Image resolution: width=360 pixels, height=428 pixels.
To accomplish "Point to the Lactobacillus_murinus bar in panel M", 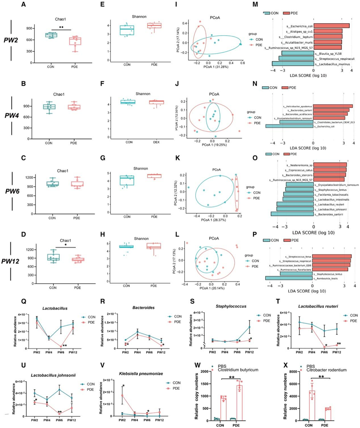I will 292,64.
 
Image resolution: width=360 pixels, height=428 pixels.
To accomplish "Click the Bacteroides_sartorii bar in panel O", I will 292,214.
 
